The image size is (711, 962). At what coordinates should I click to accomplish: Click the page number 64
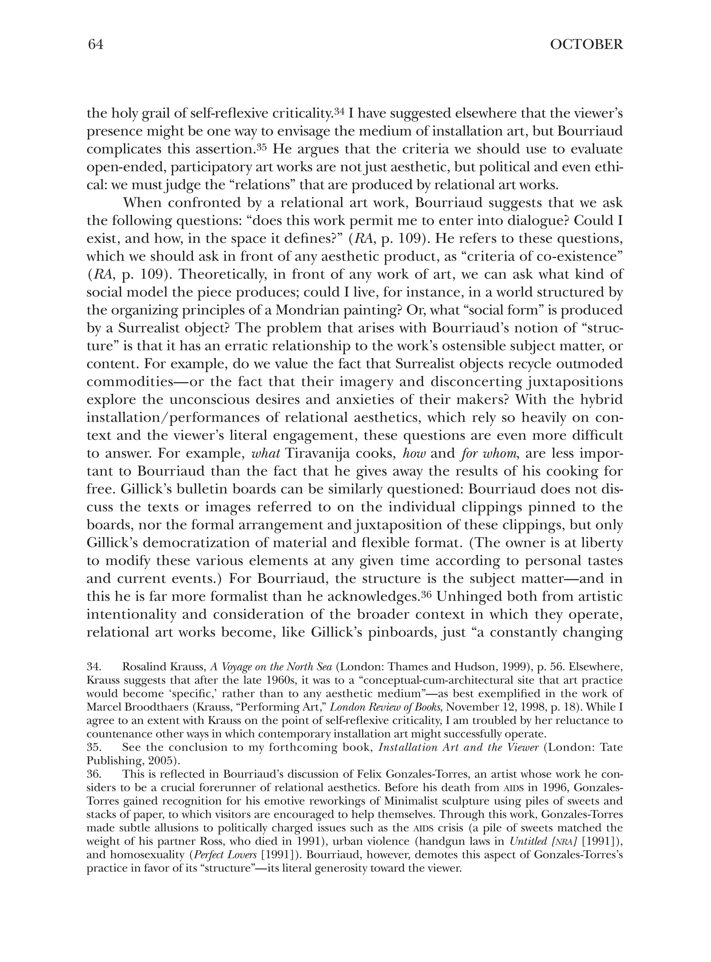pyautogui.click(x=95, y=45)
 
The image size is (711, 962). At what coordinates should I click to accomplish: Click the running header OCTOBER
pyautogui.click(x=586, y=45)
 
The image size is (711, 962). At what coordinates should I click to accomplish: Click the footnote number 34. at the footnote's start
pyautogui.click(x=94, y=667)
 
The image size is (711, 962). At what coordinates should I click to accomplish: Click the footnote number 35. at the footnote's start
pyautogui.click(x=94, y=748)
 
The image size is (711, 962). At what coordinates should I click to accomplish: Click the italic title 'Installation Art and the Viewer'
pyautogui.click(x=458, y=748)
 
